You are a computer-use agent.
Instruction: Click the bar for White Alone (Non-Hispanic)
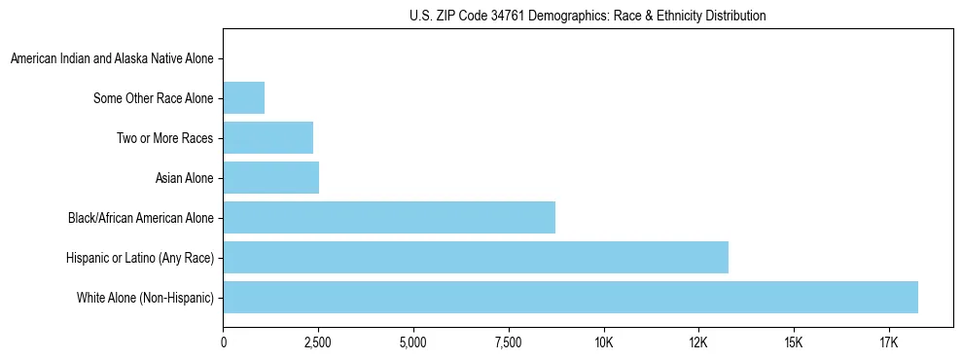(570, 297)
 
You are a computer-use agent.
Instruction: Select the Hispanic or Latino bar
(476, 257)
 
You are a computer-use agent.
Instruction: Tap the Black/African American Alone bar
(389, 217)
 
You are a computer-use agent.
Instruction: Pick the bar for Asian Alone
(271, 178)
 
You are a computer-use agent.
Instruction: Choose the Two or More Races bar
(268, 138)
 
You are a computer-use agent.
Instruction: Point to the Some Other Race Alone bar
(244, 97)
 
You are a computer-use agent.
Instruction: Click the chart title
(588, 16)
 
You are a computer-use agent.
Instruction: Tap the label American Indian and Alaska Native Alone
(112, 58)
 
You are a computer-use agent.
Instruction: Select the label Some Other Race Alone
(153, 98)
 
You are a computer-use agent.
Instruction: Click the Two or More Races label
(164, 138)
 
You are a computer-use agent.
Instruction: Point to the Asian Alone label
(184, 178)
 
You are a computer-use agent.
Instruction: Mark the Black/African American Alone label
(140, 218)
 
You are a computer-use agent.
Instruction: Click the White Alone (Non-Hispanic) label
(145, 298)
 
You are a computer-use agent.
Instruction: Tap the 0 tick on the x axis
(224, 342)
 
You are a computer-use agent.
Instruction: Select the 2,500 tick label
(318, 342)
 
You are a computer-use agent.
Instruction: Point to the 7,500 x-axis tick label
(509, 342)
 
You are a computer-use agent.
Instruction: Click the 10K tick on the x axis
(604, 342)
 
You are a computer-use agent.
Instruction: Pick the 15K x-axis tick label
(794, 342)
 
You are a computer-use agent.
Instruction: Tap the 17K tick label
(889, 342)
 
